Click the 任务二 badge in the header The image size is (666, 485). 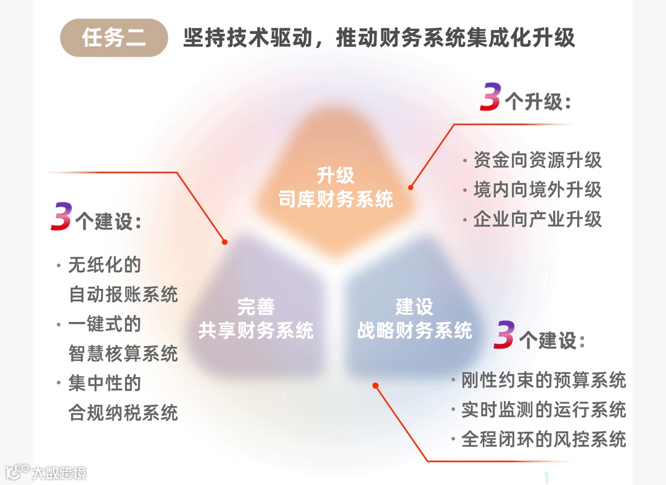point(114,38)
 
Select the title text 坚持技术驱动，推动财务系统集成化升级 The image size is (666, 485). point(379,38)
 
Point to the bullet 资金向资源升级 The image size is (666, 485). point(537,160)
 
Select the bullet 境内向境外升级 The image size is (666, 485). point(537,189)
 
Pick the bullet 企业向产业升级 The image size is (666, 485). point(537,219)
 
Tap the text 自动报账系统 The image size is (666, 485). point(123,294)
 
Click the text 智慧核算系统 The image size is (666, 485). point(123,354)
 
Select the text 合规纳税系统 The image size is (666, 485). point(123,412)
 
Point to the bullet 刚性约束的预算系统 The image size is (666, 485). point(543,380)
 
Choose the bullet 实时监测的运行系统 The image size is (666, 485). point(543,410)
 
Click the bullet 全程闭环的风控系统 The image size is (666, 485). point(543,439)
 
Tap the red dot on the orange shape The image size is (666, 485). point(411,186)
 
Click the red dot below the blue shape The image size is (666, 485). point(375,386)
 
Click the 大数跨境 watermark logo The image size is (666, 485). point(46,473)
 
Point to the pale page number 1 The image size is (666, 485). point(546,478)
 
